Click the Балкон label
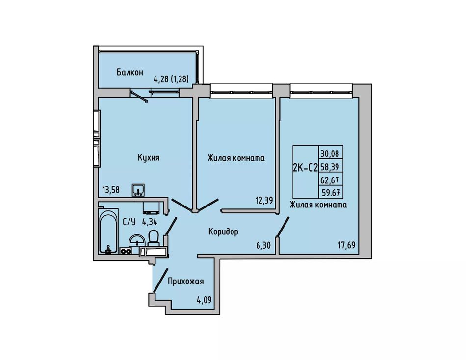point(130,72)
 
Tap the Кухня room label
point(149,157)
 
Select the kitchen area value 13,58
point(111,190)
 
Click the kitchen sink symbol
point(138,190)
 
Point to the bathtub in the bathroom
point(108,231)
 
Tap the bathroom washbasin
point(137,240)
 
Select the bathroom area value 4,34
point(150,222)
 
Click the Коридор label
point(224,231)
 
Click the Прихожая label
point(186,281)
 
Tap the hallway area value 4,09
point(204,300)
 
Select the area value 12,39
point(264,200)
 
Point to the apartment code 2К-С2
point(306,168)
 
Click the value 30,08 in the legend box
point(330,154)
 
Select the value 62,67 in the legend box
point(330,180)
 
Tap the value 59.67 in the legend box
point(330,193)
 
